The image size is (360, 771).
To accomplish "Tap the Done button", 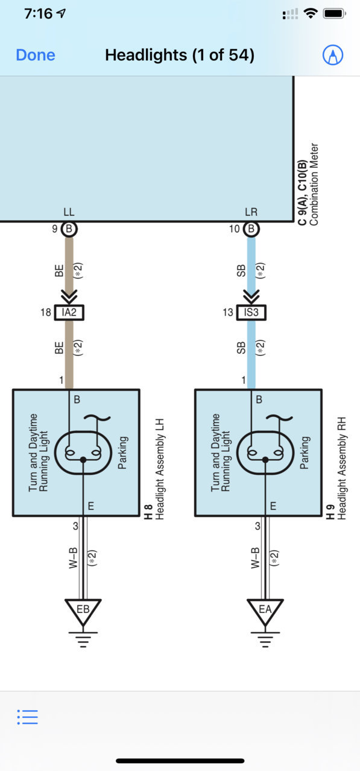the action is (36, 55).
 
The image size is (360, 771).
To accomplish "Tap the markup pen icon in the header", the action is (332, 55).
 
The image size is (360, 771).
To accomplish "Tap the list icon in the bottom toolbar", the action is (28, 717).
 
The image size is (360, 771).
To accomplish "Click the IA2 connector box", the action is (69, 313).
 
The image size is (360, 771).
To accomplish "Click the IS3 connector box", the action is (251, 313).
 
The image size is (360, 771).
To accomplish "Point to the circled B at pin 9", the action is (69, 229).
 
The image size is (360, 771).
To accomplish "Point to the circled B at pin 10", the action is (251, 229).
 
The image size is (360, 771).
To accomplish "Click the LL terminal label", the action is (69, 212).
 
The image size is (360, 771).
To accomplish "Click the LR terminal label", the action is (251, 212).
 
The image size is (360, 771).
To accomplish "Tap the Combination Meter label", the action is (314, 185).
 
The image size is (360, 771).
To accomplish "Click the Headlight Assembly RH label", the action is (341, 468).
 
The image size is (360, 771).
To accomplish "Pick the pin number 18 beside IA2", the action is (46, 313).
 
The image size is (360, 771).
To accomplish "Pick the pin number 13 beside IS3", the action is (228, 313).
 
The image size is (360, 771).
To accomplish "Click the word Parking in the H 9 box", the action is (305, 452).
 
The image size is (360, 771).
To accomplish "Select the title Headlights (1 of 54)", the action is (180, 55).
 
